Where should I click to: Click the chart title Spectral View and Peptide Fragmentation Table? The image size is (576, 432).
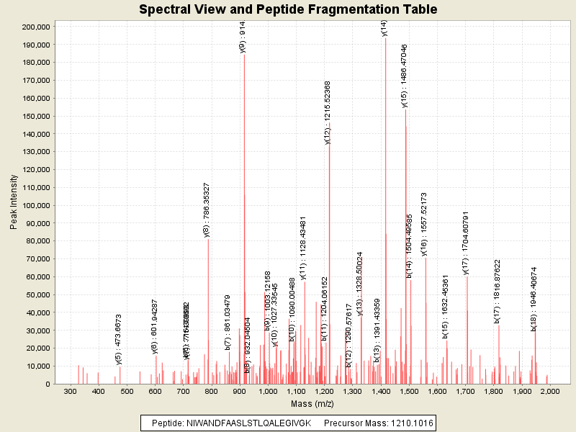288,9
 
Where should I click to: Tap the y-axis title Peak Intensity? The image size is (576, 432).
14,205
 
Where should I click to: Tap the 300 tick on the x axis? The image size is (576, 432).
70,391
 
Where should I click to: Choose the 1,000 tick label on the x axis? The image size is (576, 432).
268,391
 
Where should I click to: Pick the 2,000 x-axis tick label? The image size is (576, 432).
550,391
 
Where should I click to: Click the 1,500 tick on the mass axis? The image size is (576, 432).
409,391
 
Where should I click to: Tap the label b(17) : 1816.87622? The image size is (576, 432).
497,292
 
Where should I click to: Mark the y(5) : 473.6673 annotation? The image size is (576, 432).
119,339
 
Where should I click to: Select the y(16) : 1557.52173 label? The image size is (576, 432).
424,224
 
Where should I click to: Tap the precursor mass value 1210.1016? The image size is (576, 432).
409,423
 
